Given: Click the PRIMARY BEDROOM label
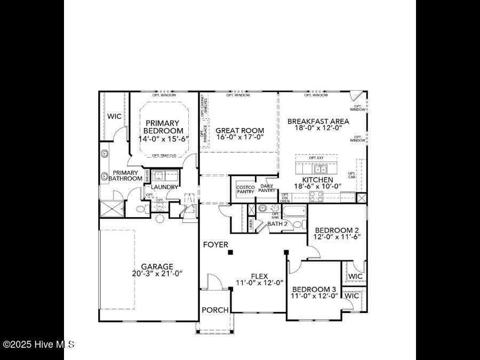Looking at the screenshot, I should tap(164, 127).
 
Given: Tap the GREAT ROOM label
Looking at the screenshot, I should tap(239, 131).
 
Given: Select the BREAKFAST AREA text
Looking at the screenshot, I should tap(317, 121).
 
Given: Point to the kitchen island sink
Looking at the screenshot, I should tap(321, 170).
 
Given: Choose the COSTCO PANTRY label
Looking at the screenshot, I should tap(245, 189).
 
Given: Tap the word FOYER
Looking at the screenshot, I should tap(215, 245).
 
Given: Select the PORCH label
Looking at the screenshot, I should tap(215, 310).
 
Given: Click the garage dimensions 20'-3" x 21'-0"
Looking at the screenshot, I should tap(157, 274).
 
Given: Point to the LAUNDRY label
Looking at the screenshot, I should tap(164, 187).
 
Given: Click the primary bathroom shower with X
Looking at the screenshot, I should tap(113, 209).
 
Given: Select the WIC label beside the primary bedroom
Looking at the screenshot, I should tap(114, 116).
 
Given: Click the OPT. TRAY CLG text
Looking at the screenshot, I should tap(164, 155).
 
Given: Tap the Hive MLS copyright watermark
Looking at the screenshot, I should tap(38, 345).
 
